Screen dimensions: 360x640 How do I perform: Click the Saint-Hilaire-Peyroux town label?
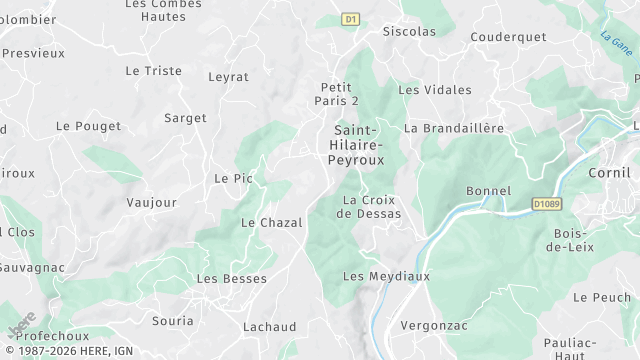click(x=354, y=144)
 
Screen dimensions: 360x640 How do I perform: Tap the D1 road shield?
click(x=350, y=19)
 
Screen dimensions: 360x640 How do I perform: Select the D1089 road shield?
click(x=546, y=205)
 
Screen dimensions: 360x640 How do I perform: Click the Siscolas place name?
click(x=409, y=31)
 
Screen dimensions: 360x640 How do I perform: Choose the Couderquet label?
click(x=508, y=37)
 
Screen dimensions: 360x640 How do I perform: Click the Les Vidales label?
click(x=435, y=90)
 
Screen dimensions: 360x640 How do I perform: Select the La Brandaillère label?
click(x=454, y=128)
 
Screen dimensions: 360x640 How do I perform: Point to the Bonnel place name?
click(x=489, y=191)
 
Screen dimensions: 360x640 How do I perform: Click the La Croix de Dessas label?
click(x=371, y=206)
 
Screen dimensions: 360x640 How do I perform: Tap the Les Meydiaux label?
click(x=386, y=276)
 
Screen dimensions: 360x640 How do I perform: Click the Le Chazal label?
click(x=272, y=222)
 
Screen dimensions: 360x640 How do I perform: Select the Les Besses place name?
click(x=232, y=279)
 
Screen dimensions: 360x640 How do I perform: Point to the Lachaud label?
click(x=269, y=327)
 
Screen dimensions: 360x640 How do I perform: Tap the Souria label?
click(x=172, y=321)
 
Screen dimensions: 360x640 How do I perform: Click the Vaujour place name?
click(x=152, y=202)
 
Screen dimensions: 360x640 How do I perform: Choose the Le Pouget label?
click(x=88, y=126)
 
